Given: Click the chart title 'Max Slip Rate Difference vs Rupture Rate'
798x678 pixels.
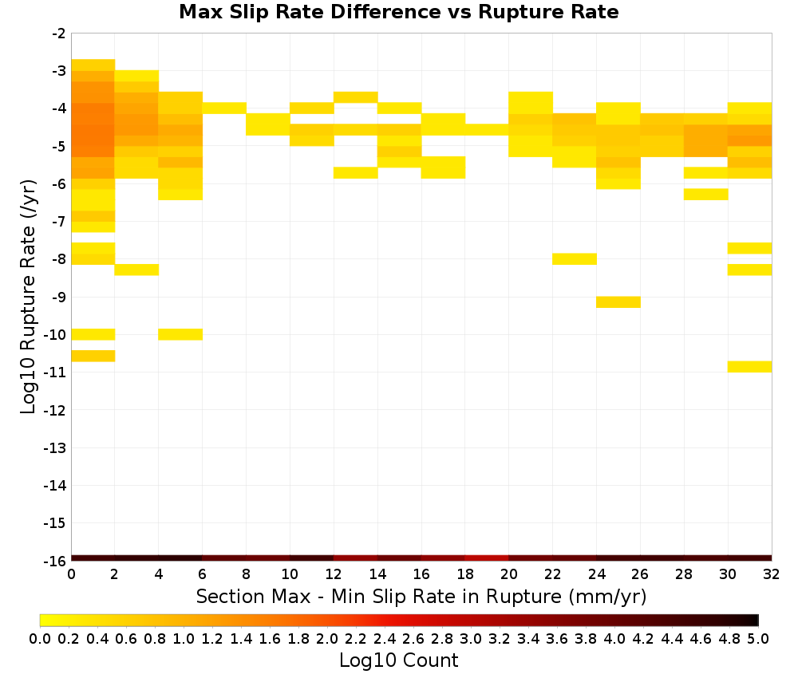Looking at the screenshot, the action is (x=398, y=12).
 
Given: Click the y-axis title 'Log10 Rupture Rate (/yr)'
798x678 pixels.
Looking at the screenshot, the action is (x=28, y=297).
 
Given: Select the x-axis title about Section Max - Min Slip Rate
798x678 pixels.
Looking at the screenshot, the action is (x=421, y=596).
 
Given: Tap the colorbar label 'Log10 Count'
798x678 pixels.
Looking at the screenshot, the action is (x=398, y=660).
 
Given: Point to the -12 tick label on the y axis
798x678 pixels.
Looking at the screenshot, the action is (x=55, y=410).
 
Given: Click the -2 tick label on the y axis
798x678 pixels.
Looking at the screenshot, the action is (x=59, y=34).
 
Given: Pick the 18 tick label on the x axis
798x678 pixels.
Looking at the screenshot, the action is (x=464, y=574).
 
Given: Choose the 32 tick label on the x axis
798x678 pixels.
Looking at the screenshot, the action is (x=772, y=574).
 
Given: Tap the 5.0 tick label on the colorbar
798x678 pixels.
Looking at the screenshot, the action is (x=758, y=638).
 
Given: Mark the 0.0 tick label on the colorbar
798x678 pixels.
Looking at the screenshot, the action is (x=40, y=638).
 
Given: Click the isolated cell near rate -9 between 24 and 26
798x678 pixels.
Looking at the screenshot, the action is (x=618, y=302).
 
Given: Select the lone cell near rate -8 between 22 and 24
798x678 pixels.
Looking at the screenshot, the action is (x=575, y=259).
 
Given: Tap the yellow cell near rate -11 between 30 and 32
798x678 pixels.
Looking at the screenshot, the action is (x=749, y=367).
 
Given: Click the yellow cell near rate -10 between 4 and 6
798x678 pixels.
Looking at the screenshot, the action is (x=180, y=334).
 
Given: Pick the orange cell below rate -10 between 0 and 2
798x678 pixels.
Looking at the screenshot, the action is (x=93, y=356).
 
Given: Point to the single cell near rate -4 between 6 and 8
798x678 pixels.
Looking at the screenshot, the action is (x=224, y=108).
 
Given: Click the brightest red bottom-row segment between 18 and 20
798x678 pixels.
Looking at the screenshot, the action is (x=487, y=558).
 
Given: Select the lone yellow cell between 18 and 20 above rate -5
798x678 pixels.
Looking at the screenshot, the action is (x=487, y=130).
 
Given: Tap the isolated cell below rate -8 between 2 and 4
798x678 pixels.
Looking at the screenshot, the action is (x=137, y=270).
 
